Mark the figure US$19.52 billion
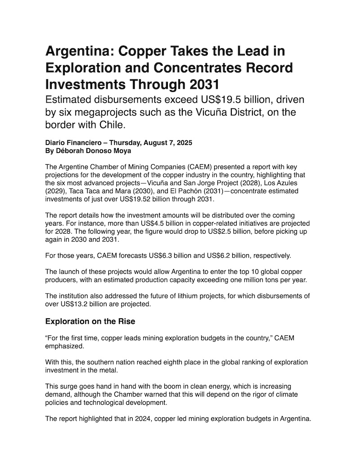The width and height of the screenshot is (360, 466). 139,199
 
